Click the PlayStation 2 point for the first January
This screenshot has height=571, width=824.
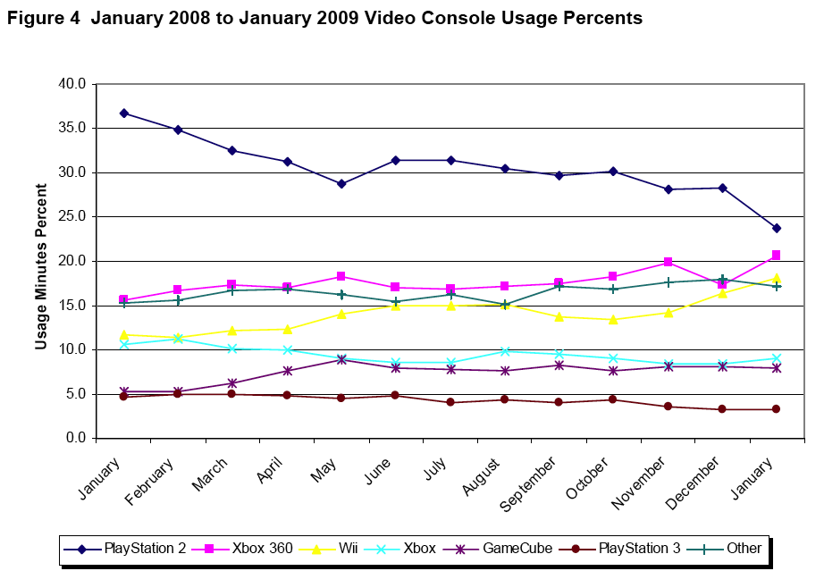(123, 113)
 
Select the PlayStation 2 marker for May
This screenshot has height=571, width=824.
(341, 184)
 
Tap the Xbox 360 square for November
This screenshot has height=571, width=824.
(668, 262)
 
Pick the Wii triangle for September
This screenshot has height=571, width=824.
(559, 316)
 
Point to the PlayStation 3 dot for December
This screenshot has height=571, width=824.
(722, 409)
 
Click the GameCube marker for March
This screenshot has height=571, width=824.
(232, 382)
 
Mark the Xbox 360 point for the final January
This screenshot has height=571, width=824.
(777, 256)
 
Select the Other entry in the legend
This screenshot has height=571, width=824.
(728, 548)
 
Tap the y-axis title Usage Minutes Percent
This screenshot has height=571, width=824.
(41, 266)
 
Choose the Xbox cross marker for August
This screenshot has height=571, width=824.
(505, 351)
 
